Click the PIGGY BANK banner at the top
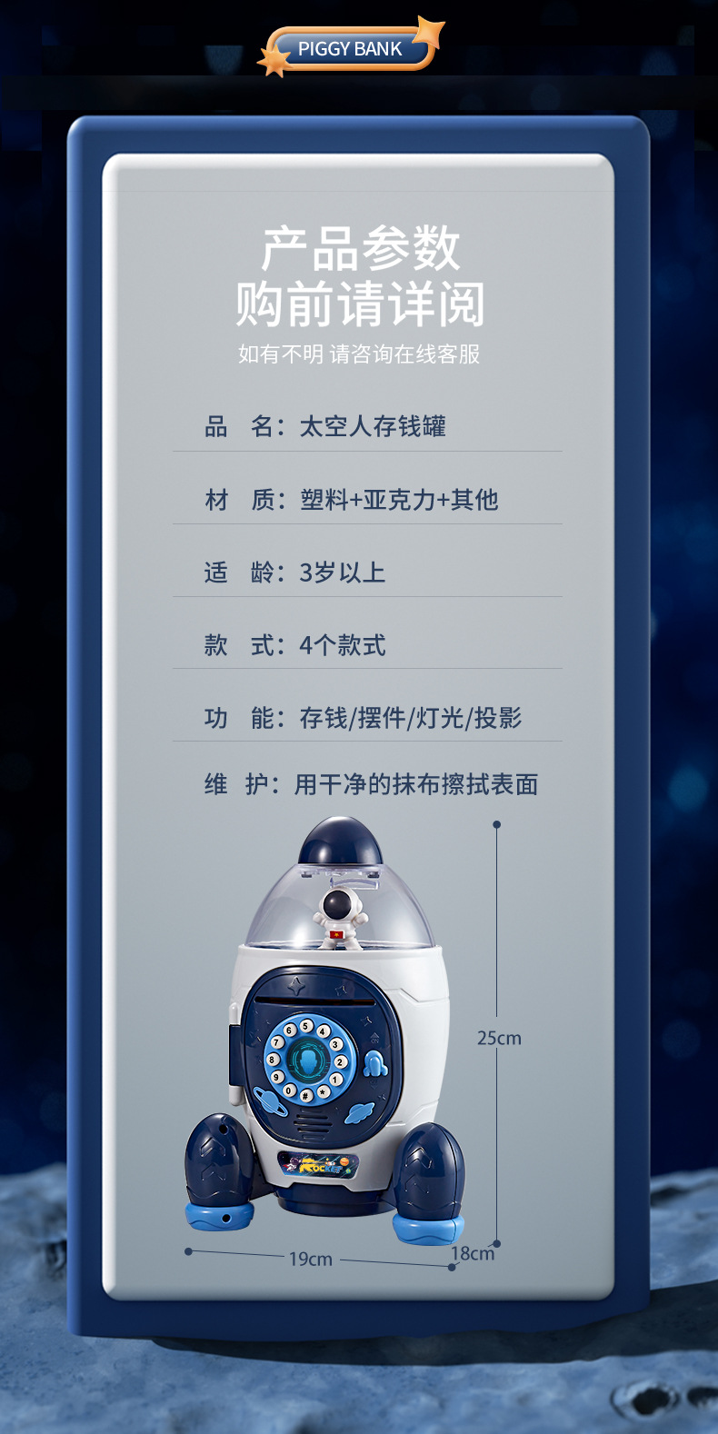pyautogui.click(x=350, y=49)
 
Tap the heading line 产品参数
pyautogui.click(x=361, y=248)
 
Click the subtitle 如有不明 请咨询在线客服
pyautogui.click(x=359, y=354)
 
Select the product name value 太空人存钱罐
pyautogui.click(x=373, y=426)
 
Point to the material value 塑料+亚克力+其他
pyautogui.click(x=399, y=499)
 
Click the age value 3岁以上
pyautogui.click(x=343, y=573)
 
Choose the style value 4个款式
pyautogui.click(x=343, y=645)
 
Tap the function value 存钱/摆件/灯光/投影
pyautogui.click(x=411, y=718)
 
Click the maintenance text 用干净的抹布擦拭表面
pyautogui.click(x=416, y=784)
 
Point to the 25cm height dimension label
pyautogui.click(x=499, y=1038)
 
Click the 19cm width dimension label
pyautogui.click(x=311, y=1259)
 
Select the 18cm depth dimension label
pyautogui.click(x=473, y=1253)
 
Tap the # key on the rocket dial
pyautogui.click(x=306, y=1096)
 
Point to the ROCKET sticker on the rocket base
pyautogui.click(x=317, y=1164)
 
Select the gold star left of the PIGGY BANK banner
pyautogui.click(x=274, y=61)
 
